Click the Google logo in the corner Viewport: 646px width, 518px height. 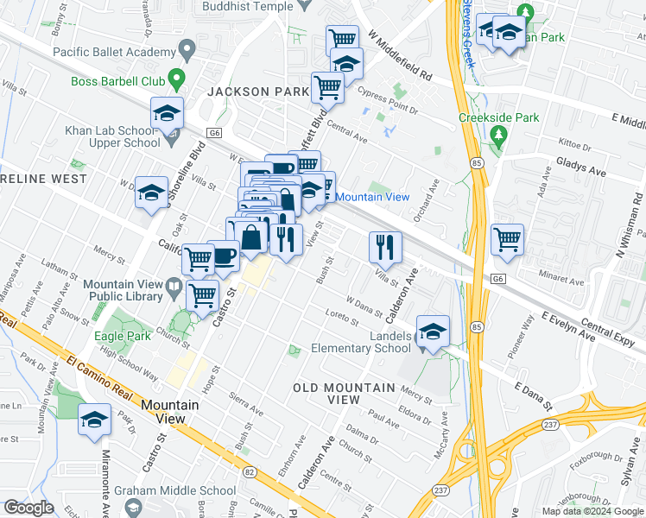point(28,508)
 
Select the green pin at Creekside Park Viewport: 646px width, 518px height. point(498,135)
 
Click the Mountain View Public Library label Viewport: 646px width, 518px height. point(123,290)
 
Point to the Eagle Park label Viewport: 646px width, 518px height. point(118,335)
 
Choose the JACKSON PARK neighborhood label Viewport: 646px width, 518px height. point(257,91)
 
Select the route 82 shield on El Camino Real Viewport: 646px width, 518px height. point(250,471)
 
